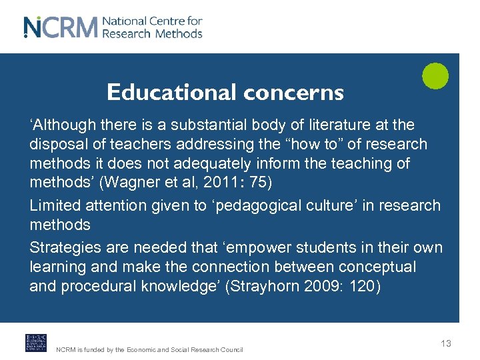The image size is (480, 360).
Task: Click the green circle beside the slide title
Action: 435,76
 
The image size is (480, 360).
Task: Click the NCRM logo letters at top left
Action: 61,27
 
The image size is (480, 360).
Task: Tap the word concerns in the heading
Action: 293,93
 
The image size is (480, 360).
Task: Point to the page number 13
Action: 446,343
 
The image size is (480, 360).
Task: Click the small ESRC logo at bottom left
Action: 35,342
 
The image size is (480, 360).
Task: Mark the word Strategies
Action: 65,248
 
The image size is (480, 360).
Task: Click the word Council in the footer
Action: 231,350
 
